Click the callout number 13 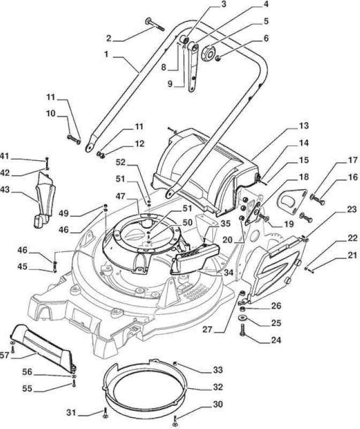tap(303, 126)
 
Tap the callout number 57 tap(5, 356)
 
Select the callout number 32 tap(218, 387)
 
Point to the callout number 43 tap(5, 189)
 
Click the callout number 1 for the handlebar tap(107, 54)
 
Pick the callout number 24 tap(276, 340)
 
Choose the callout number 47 tap(121, 196)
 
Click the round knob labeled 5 tap(209, 52)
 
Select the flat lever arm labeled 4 tap(193, 67)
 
